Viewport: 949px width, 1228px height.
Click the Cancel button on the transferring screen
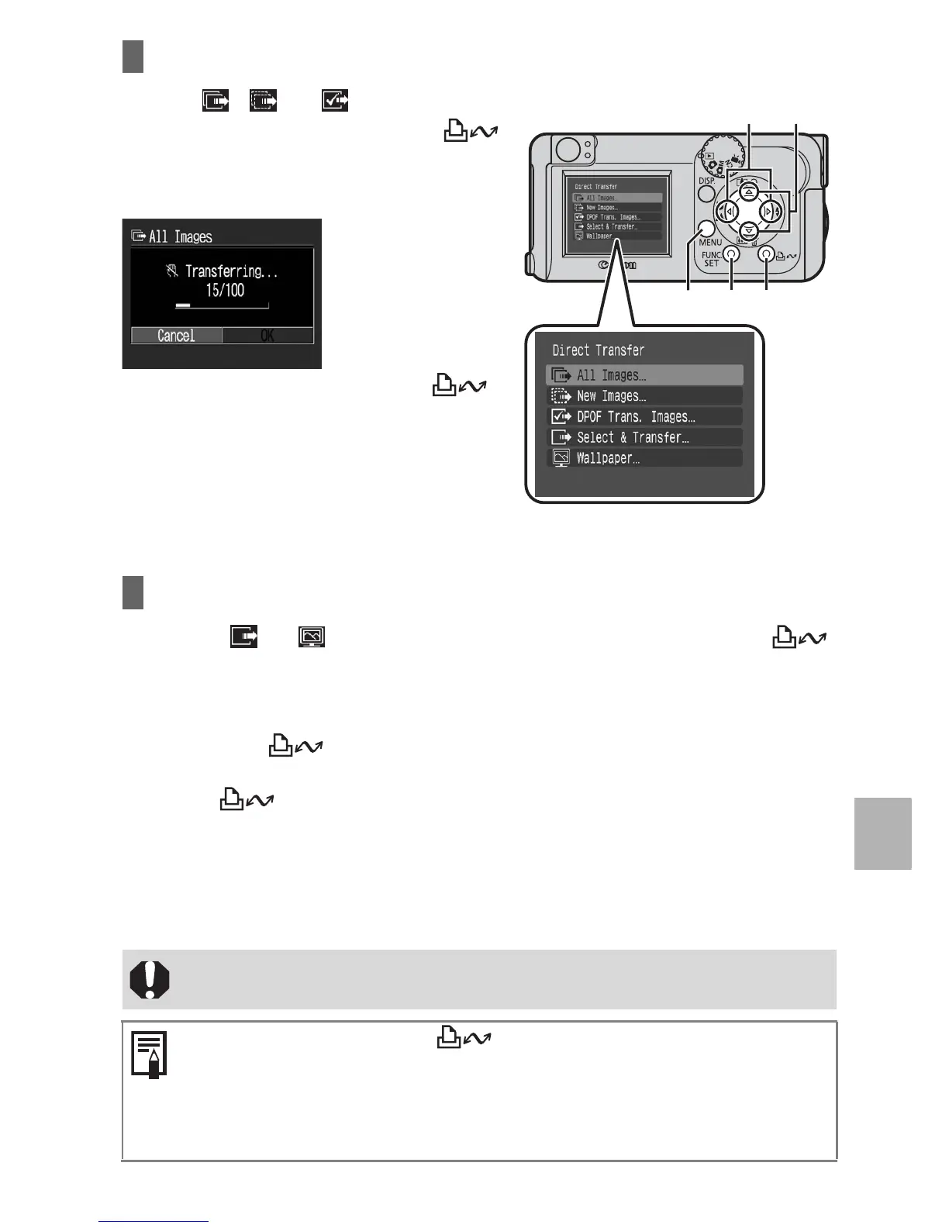(x=177, y=336)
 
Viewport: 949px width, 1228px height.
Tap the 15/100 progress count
(x=225, y=291)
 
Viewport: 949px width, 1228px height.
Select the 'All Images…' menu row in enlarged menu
(x=644, y=375)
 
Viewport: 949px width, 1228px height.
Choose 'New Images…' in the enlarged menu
(x=644, y=396)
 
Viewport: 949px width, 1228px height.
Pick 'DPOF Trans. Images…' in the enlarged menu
(x=644, y=417)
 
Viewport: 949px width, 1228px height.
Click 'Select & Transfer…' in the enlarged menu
(x=644, y=437)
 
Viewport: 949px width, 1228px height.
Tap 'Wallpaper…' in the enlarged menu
(x=644, y=458)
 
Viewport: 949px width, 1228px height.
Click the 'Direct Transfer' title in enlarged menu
(x=598, y=350)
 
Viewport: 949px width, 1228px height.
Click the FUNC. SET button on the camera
(x=731, y=254)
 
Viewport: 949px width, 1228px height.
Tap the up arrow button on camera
(x=748, y=192)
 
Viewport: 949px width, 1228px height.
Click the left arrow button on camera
(x=729, y=212)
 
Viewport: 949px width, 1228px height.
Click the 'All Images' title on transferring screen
(x=180, y=237)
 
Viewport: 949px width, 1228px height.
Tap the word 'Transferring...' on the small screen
(x=231, y=271)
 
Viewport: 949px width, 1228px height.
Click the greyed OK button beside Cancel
(x=267, y=336)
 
